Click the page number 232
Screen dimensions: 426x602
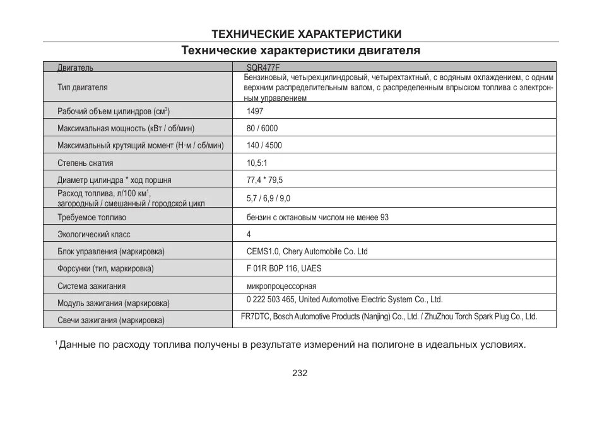coord(300,373)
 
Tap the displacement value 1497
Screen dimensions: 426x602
coord(255,111)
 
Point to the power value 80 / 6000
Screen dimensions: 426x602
coord(262,128)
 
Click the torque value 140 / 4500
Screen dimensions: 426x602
coord(264,145)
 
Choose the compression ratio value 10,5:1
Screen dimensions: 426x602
coord(257,163)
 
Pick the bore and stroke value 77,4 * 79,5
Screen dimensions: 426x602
coord(264,180)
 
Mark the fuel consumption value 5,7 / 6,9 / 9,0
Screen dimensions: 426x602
coord(268,198)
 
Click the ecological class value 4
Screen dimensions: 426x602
coord(249,234)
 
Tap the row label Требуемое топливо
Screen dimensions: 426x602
coord(91,217)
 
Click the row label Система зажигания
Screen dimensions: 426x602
coord(91,286)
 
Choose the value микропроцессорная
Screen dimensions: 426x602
coord(281,286)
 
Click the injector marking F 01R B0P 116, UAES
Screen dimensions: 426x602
coord(284,268)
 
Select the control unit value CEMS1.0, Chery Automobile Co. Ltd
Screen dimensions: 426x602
coord(307,251)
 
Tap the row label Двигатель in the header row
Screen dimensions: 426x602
coord(75,67)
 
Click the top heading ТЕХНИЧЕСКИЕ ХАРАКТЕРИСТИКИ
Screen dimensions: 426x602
coord(306,33)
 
